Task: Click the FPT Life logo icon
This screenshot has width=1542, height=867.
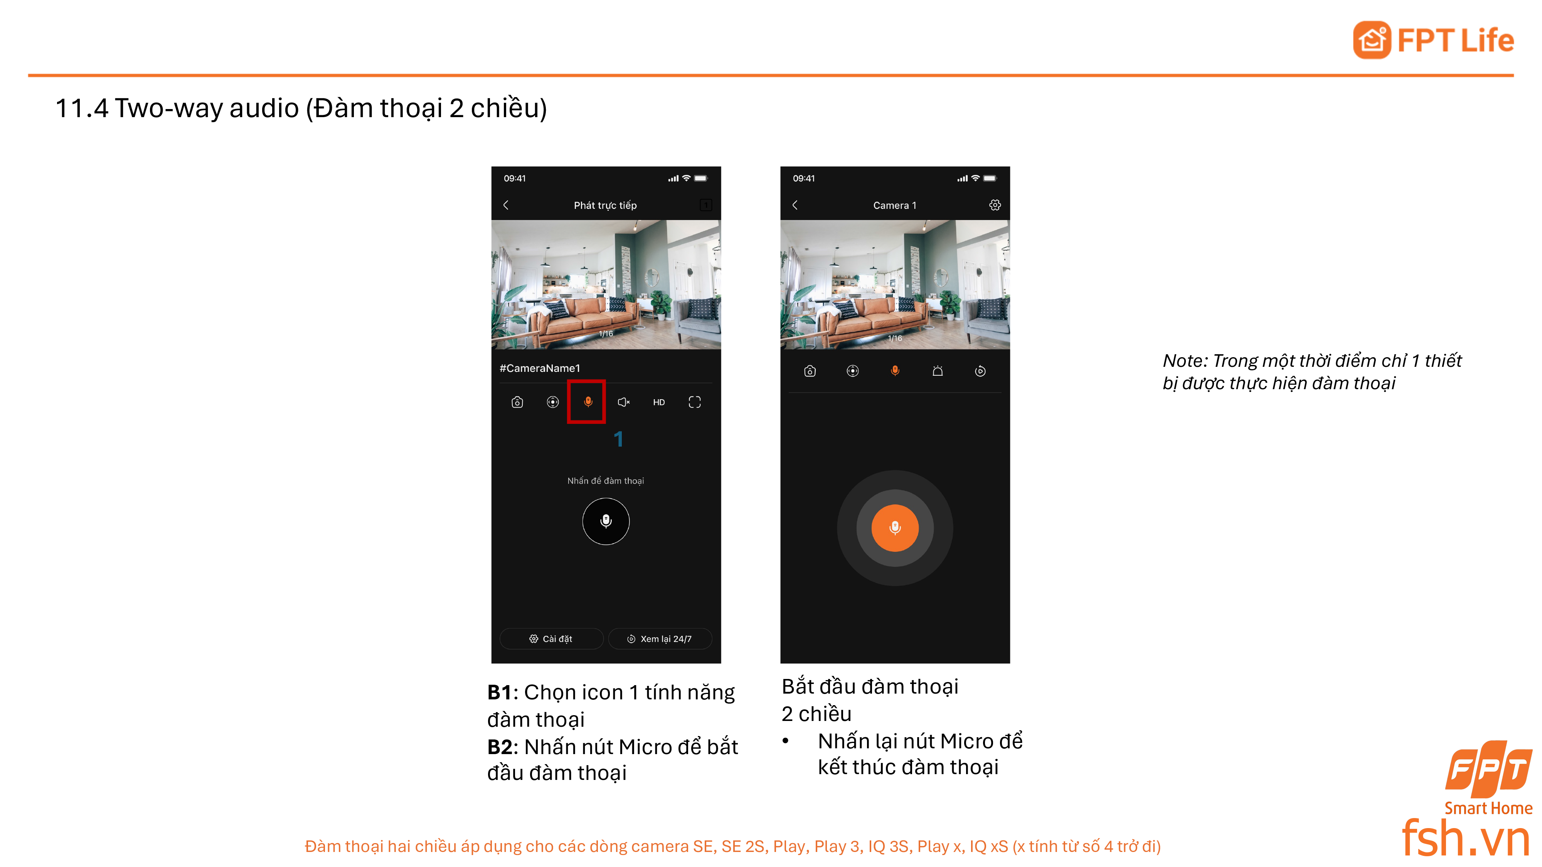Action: (1372, 40)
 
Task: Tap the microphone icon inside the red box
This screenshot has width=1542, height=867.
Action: (588, 402)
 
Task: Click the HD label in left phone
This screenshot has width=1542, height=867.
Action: (658, 402)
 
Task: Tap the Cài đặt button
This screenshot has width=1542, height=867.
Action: (551, 638)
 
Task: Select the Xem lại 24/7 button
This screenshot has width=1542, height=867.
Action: (660, 638)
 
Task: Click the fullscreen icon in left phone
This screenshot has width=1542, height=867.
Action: (694, 402)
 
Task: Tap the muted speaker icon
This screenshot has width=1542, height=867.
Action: (623, 402)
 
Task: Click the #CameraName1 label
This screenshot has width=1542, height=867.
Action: (539, 368)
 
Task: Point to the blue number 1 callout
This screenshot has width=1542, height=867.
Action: (618, 439)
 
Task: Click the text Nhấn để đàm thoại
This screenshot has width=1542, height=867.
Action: (605, 481)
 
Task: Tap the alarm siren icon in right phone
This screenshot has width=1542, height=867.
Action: (938, 371)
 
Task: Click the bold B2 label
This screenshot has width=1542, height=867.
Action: (499, 747)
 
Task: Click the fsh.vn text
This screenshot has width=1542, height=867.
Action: (1465, 838)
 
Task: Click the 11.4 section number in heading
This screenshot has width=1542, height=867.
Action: (81, 108)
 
